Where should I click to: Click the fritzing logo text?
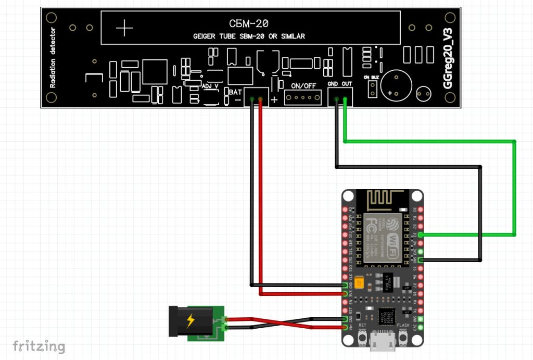tap(39, 345)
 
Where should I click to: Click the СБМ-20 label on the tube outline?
tap(248, 23)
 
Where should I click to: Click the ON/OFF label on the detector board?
tap(303, 86)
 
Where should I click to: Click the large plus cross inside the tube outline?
tap(124, 28)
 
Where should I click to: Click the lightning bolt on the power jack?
tap(191, 321)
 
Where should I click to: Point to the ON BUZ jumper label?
tap(372, 77)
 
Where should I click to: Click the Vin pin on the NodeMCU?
tap(345, 328)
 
